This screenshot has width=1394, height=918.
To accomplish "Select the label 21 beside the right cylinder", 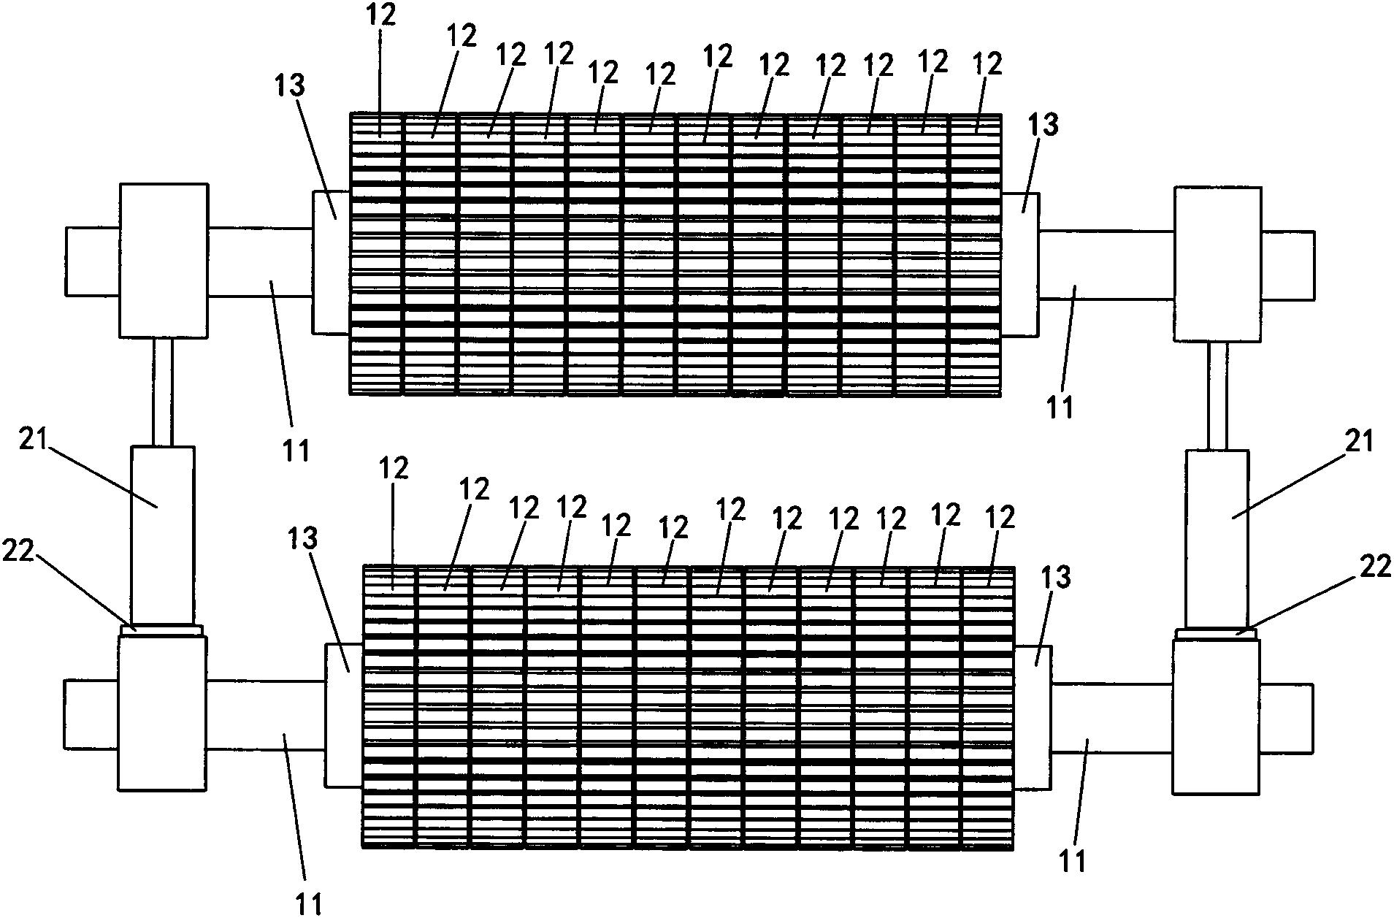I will click(x=1359, y=443).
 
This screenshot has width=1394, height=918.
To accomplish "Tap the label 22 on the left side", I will click(x=18, y=552).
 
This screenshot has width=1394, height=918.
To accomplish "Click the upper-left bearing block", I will click(x=163, y=260).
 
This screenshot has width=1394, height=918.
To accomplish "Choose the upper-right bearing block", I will click(x=1217, y=264).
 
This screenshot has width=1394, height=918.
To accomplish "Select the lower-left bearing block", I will click(x=162, y=712).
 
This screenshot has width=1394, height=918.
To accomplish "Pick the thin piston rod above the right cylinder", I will click(x=1217, y=395).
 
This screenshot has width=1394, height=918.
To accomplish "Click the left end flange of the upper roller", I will click(x=331, y=263).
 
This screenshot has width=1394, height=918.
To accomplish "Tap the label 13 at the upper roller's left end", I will click(x=289, y=86).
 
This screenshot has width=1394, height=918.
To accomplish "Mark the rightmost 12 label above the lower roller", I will click(x=1000, y=518).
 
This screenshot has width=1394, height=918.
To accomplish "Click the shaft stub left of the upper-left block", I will click(x=92, y=261).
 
